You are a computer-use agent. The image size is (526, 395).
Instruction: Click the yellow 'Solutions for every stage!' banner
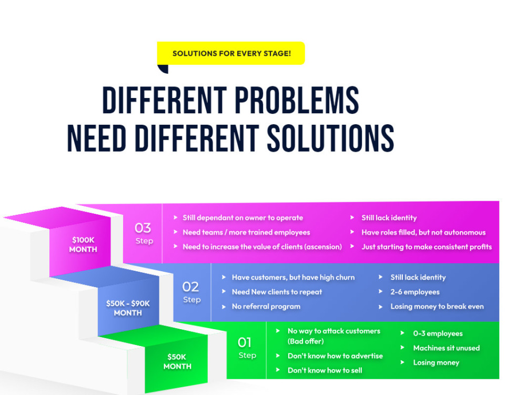tap(231, 53)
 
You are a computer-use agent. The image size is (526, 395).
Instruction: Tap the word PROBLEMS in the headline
tap(297, 100)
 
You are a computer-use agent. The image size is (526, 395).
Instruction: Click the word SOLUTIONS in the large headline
tap(330, 138)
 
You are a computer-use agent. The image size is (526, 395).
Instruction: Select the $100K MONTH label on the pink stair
tap(83, 244)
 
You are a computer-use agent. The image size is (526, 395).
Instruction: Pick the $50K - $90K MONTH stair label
tap(128, 308)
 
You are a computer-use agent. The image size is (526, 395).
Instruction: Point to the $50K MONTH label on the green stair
tap(177, 361)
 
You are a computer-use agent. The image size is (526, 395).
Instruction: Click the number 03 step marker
tap(143, 228)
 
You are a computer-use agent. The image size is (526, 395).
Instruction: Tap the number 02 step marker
tap(190, 287)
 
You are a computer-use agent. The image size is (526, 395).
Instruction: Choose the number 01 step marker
tap(245, 343)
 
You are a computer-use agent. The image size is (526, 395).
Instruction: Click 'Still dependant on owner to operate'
tap(242, 218)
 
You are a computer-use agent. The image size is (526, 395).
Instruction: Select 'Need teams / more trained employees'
tap(246, 232)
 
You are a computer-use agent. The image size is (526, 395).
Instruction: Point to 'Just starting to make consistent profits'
tap(427, 247)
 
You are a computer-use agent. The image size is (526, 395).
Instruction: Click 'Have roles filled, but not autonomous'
tap(423, 232)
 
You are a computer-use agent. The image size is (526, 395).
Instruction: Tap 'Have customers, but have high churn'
tap(293, 278)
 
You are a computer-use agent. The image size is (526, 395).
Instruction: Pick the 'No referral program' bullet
tap(266, 307)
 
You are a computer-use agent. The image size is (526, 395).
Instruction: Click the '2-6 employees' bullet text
tap(415, 292)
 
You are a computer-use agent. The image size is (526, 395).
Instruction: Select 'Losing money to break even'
tap(437, 307)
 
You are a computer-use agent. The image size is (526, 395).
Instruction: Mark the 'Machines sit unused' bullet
tap(447, 348)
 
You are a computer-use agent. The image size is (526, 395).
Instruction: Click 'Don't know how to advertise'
tap(335, 356)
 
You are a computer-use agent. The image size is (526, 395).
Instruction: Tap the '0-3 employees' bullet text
tap(438, 333)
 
